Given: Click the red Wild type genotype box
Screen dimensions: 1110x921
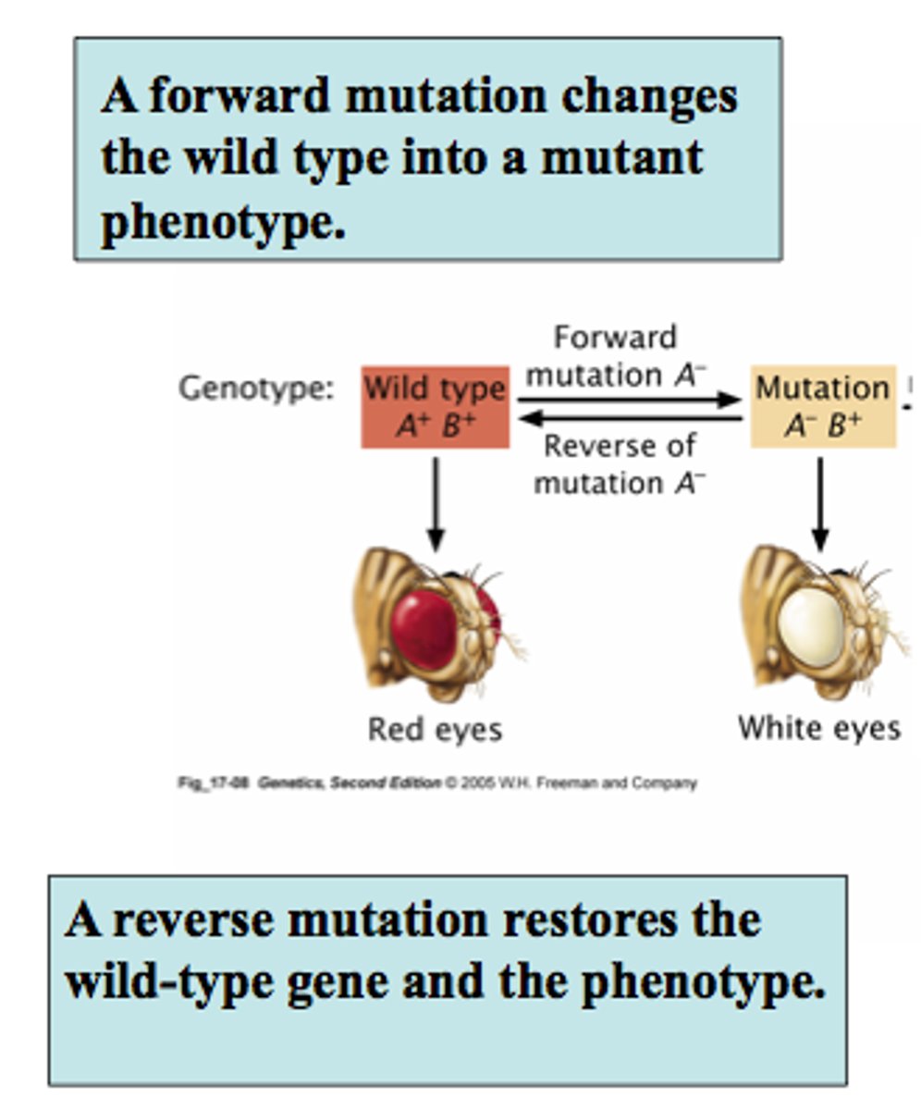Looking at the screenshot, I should (x=435, y=407).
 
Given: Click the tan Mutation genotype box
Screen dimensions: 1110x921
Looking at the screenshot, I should (x=822, y=407).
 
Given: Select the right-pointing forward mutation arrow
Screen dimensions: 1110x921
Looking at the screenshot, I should (x=630, y=400).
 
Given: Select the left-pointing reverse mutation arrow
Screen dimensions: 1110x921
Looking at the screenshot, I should (x=630, y=419).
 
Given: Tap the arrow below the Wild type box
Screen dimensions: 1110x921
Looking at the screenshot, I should (x=436, y=503).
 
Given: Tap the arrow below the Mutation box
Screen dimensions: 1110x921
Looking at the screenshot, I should (x=820, y=503).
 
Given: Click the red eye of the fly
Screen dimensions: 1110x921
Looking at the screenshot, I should (x=424, y=627).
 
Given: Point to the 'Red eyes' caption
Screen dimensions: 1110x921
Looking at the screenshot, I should (x=435, y=730).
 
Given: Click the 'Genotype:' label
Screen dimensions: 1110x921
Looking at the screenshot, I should (x=255, y=388).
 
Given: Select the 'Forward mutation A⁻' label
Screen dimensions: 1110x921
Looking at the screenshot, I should (x=616, y=356).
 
